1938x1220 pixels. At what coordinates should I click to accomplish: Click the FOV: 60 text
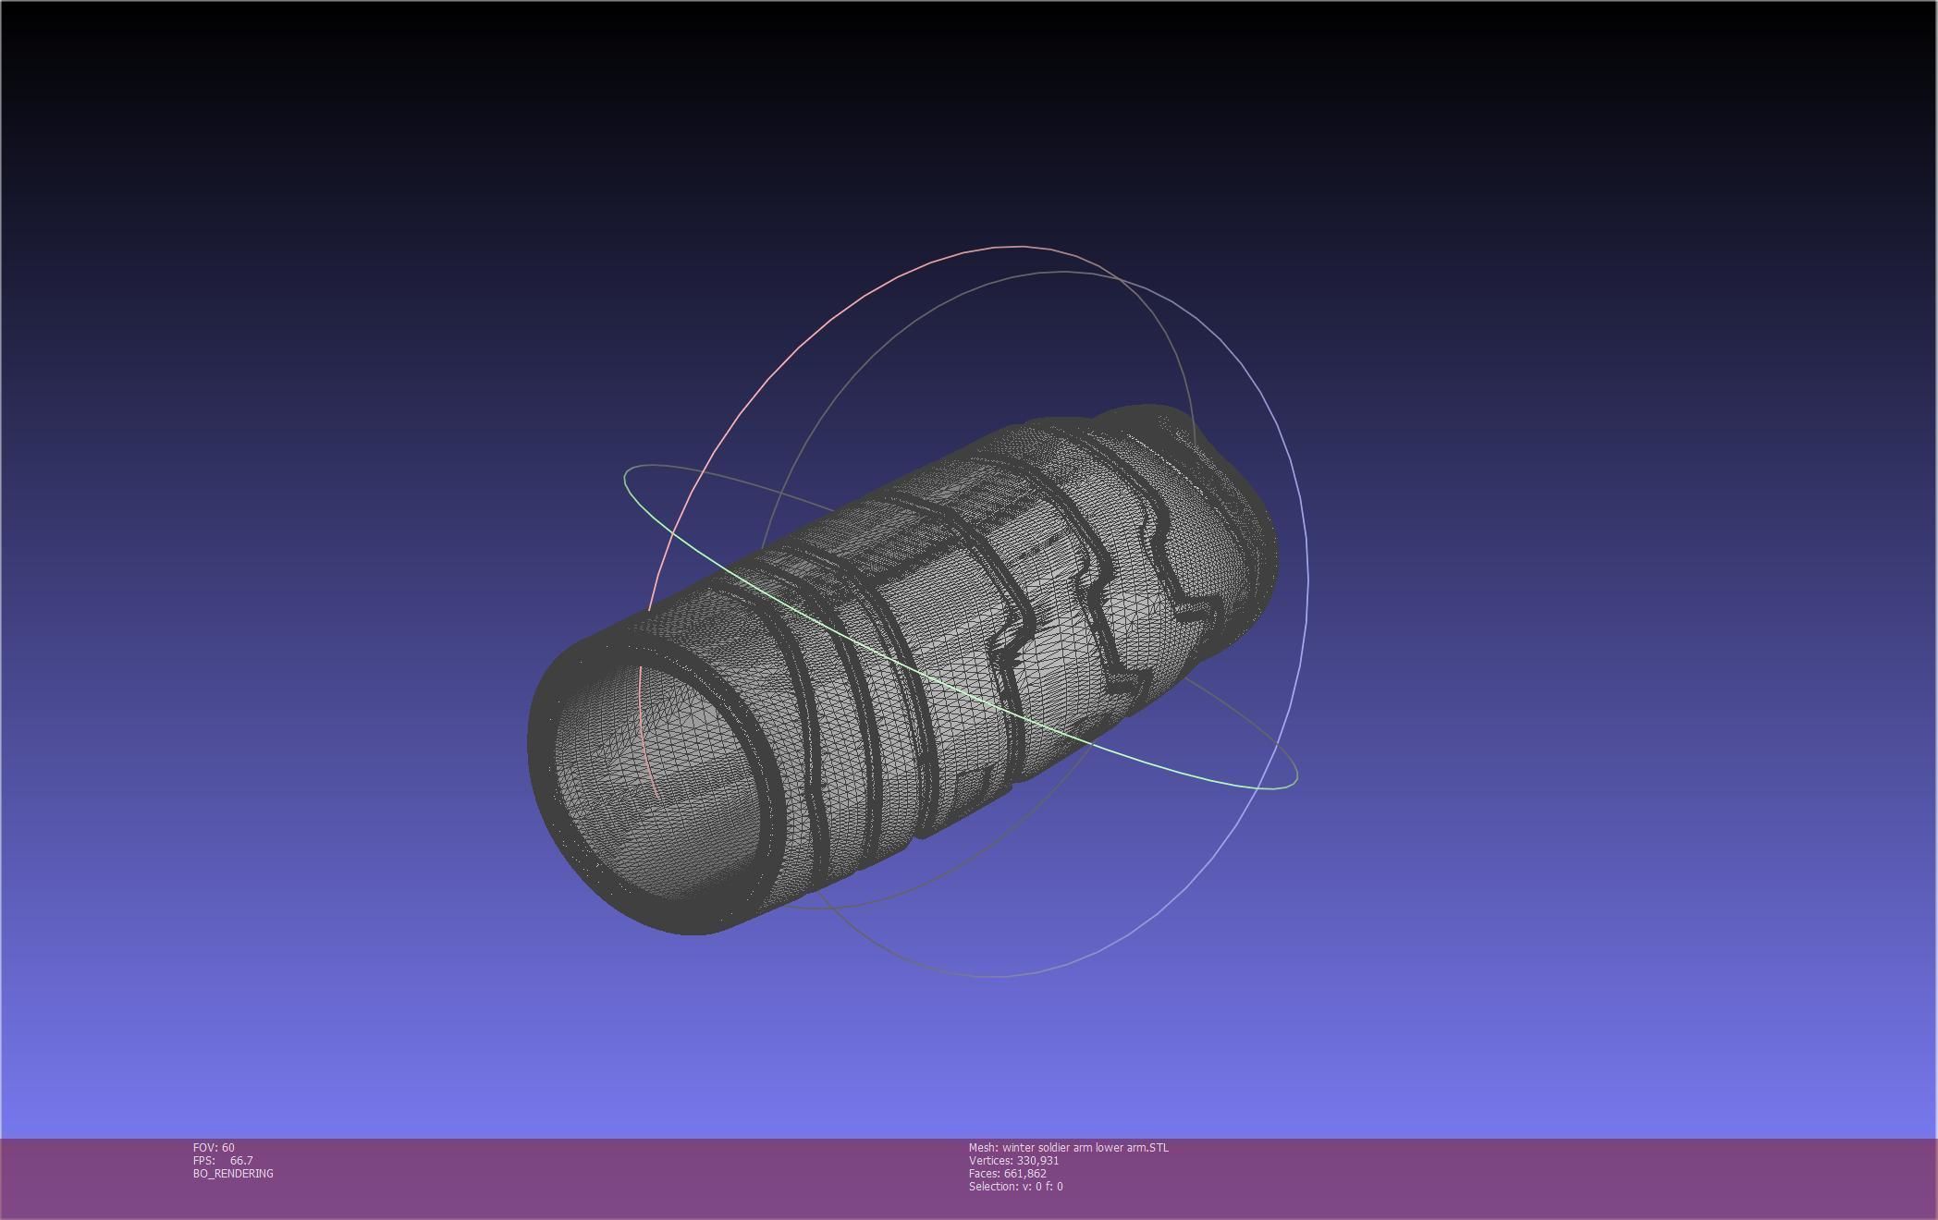click(x=214, y=1148)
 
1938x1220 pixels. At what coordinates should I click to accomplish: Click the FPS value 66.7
click(x=241, y=1161)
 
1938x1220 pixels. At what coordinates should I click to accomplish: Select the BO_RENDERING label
click(x=233, y=1174)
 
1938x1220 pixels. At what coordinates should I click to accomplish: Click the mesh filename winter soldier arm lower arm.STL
click(x=1085, y=1148)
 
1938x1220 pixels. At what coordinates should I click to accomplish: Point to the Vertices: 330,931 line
click(x=1013, y=1161)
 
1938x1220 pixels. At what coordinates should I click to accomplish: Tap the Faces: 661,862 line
click(x=1007, y=1174)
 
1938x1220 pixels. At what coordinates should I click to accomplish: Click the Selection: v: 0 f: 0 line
click(x=1015, y=1187)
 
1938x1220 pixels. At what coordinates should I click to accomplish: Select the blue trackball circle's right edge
click(x=1306, y=582)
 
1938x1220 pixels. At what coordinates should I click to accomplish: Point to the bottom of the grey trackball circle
click(x=994, y=976)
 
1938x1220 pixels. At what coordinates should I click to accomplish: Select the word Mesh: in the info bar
click(x=983, y=1148)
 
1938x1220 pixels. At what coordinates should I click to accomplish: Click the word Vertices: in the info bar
click(x=990, y=1161)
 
